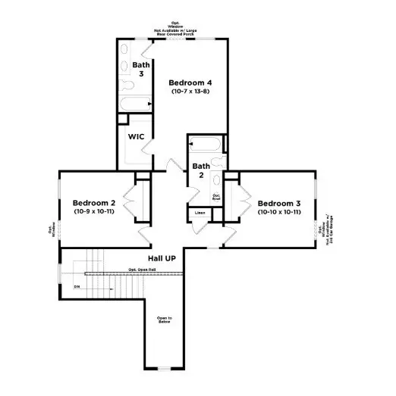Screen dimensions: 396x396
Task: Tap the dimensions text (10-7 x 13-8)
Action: point(190,92)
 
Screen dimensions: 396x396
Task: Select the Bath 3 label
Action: point(141,69)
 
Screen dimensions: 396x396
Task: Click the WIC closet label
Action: point(137,137)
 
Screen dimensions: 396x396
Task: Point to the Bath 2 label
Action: point(200,170)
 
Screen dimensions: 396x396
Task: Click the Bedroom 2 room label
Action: point(93,203)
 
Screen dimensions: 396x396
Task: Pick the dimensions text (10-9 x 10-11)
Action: point(93,212)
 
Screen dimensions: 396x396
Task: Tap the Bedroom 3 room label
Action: point(279,203)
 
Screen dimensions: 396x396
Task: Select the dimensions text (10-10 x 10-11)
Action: point(279,212)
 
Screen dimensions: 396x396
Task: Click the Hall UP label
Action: point(162,258)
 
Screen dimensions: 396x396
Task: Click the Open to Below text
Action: point(165,320)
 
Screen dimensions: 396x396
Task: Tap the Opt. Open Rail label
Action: point(142,270)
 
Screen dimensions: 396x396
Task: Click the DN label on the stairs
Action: point(77,287)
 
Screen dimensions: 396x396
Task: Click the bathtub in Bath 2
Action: point(205,143)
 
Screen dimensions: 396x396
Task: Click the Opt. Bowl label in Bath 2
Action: point(216,197)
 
